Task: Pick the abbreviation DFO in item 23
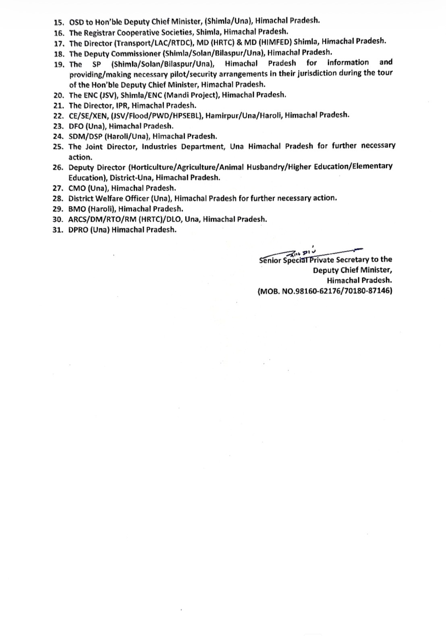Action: coord(76,126)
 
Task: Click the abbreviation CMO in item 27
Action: coord(77,188)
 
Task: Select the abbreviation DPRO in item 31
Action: coord(78,230)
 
